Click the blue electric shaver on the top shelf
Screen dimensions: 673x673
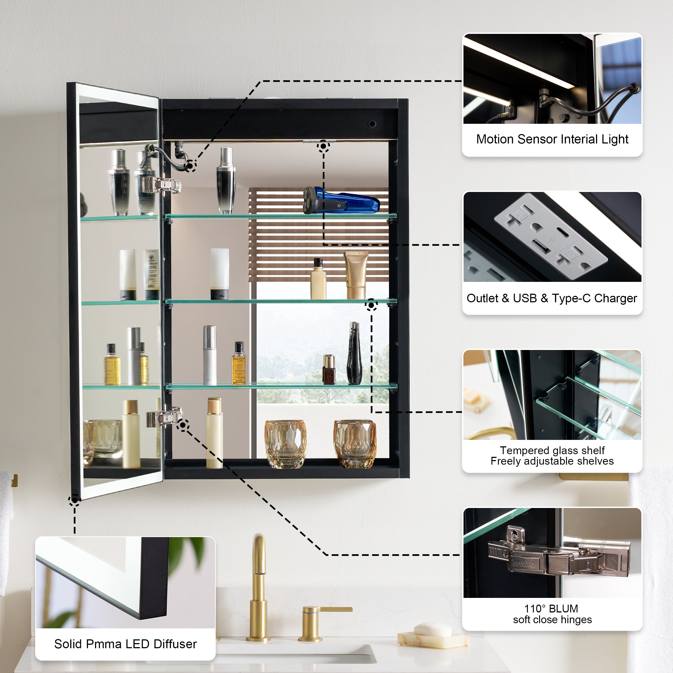tap(341, 201)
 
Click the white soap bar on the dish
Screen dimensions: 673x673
tap(432, 629)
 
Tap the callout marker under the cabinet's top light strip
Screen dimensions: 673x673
tap(323, 146)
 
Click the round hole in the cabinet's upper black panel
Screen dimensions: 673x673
tap(372, 124)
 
